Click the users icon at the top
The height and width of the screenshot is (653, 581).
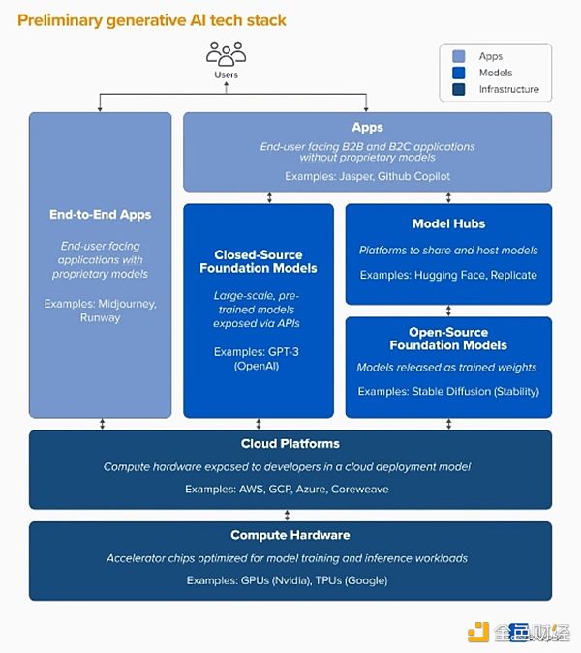point(226,53)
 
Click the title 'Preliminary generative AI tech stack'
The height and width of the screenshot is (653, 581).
point(152,19)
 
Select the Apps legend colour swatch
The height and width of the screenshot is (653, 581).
point(457,56)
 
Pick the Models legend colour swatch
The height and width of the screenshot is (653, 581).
point(457,73)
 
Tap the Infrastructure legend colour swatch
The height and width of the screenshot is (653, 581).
point(457,89)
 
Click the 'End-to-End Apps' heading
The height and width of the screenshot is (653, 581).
point(100,214)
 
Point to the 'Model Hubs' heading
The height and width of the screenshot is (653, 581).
point(448,223)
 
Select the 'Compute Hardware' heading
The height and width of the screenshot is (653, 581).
point(290,535)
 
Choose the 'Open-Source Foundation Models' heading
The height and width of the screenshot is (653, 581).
point(448,339)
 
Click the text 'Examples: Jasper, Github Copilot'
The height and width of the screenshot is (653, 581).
point(367,176)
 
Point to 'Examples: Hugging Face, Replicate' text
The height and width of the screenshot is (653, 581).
point(448,275)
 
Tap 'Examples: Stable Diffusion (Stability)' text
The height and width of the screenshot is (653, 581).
point(448,391)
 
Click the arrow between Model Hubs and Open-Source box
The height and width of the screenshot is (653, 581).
point(448,311)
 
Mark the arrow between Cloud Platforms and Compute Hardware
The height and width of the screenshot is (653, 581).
point(290,516)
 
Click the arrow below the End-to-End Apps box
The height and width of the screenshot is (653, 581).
point(101,424)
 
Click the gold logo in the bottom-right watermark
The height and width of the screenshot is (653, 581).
point(478,633)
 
